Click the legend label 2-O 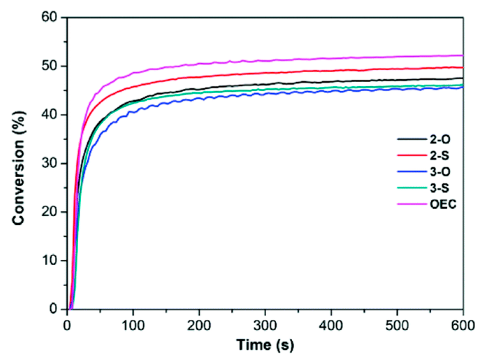[x=440, y=139]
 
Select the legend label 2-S [x=439, y=156]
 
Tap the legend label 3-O [x=440, y=172]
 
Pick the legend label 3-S [x=439, y=188]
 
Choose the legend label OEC [x=443, y=204]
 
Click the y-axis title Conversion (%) [x=19, y=168]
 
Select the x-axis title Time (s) [x=265, y=345]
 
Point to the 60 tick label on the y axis [x=49, y=17]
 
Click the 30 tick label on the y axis [x=49, y=163]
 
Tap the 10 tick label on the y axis [x=49, y=260]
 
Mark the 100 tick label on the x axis [x=133, y=326]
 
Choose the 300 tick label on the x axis [x=265, y=326]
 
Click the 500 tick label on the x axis [x=397, y=326]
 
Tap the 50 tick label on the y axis [x=49, y=66]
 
